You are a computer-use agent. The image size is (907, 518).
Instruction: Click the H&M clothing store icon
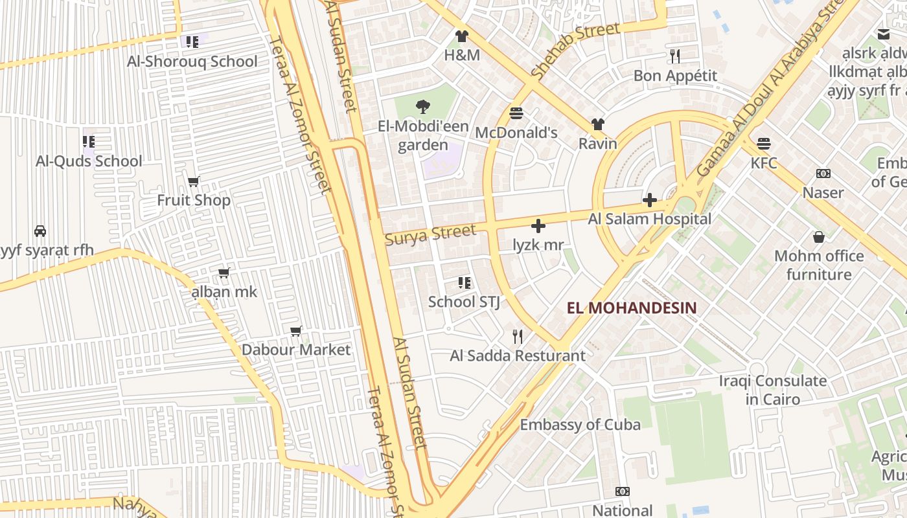pos(461,36)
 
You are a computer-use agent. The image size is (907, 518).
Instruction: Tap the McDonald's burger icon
pos(516,113)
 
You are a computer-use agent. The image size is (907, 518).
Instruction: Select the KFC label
pos(764,163)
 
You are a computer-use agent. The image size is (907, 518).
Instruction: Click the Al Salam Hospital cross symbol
pos(650,200)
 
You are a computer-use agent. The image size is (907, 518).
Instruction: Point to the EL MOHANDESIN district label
pos(632,308)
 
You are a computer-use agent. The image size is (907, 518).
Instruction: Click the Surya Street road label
pos(430,234)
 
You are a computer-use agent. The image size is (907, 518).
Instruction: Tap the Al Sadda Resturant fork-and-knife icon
pos(518,336)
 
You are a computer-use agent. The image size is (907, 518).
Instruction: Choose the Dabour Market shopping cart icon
pos(296,331)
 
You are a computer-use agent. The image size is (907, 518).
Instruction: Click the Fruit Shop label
pos(194,201)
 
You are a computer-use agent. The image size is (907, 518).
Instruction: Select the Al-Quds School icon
pos(89,141)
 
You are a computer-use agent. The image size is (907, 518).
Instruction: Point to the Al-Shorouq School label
pos(192,62)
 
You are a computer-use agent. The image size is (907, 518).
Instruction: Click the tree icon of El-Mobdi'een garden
pos(423,107)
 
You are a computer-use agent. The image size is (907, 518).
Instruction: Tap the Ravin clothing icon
pos(597,124)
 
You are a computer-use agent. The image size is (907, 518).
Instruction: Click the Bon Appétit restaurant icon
pos(675,56)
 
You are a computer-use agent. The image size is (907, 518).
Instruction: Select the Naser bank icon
pos(823,174)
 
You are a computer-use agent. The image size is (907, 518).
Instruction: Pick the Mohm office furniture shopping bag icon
pos(819,237)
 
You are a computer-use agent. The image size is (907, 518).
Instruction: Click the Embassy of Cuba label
pos(580,425)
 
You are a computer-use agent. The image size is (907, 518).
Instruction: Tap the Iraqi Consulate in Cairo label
pos(773,390)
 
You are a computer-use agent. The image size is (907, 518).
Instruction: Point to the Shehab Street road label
pos(575,51)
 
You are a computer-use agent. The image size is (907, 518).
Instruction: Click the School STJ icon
pos(464,282)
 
